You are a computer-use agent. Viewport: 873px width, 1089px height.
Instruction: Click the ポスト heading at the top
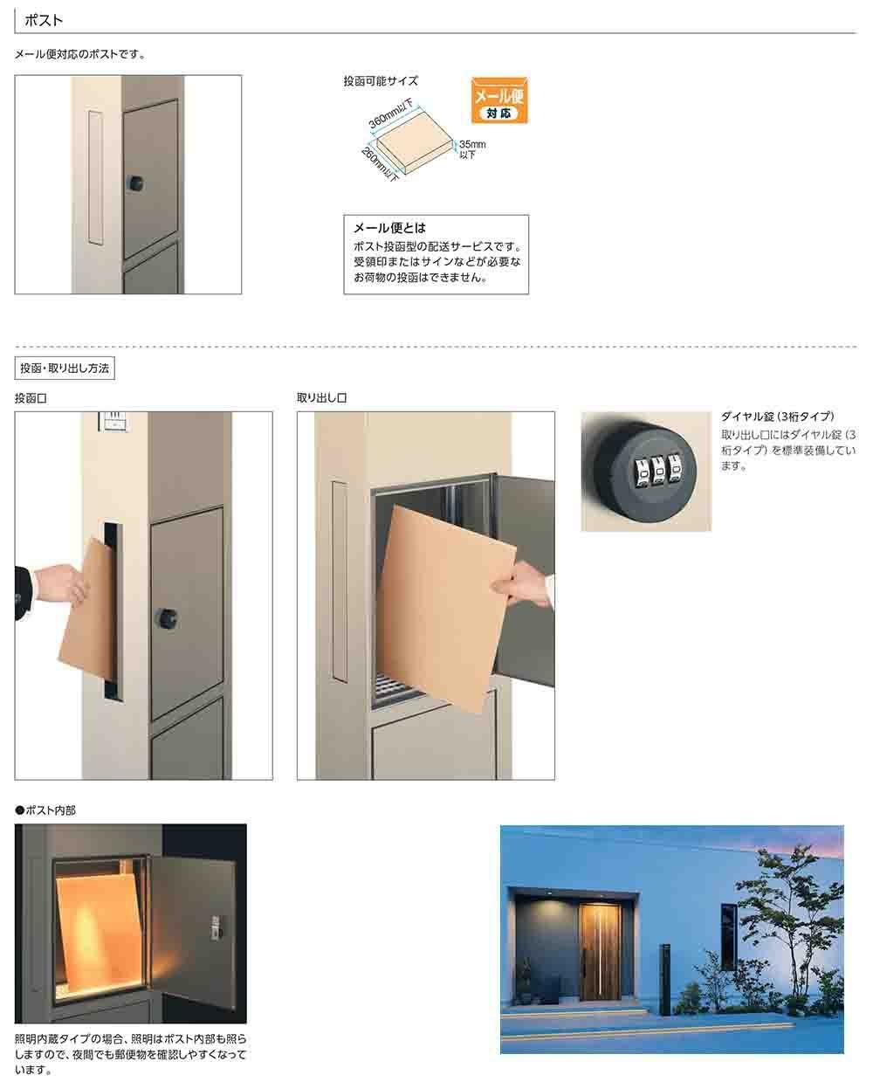click(x=44, y=20)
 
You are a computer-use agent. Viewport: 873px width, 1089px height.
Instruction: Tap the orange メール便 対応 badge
click(x=499, y=100)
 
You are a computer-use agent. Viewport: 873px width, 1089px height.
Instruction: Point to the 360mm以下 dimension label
click(x=391, y=114)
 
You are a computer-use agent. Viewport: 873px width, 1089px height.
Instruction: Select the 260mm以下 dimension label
click(x=380, y=164)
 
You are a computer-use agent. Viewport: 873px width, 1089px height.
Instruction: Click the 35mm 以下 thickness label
click(x=472, y=149)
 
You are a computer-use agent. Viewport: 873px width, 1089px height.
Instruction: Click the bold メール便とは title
click(x=389, y=228)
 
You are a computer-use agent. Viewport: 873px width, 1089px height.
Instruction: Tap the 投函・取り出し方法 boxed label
click(x=65, y=369)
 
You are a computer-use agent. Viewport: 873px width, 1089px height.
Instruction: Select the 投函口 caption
click(x=31, y=399)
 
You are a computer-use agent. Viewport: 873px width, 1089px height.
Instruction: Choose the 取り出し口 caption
click(x=321, y=398)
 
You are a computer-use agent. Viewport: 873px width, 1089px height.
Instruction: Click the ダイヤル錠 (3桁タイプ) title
click(x=777, y=417)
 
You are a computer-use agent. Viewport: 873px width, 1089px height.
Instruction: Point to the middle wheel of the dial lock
click(x=658, y=471)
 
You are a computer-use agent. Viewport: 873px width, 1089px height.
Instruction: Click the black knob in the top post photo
click(x=134, y=183)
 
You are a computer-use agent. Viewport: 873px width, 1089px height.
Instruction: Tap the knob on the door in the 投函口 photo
click(x=166, y=619)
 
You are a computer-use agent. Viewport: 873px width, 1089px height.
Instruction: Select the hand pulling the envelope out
click(x=521, y=585)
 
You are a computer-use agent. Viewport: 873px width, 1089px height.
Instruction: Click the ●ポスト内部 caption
click(x=45, y=810)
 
